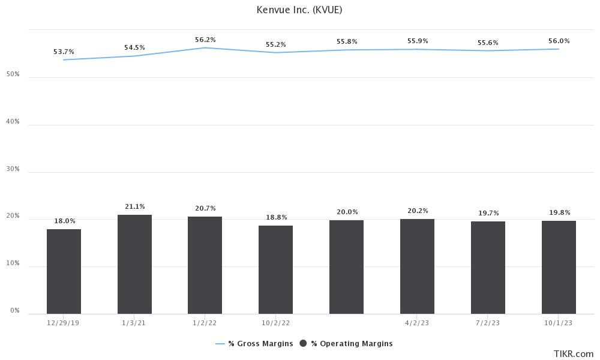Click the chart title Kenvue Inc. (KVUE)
click(299, 10)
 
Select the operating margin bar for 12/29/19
click(64, 271)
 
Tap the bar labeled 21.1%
click(134, 264)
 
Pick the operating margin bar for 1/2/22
click(205, 265)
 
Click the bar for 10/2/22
click(275, 269)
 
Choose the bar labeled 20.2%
click(417, 266)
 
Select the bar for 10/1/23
click(559, 267)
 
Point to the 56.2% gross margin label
click(205, 40)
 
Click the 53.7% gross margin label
click(64, 52)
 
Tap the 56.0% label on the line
click(559, 41)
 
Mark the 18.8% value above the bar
click(276, 217)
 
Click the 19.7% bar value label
click(488, 213)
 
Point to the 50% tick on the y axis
click(13, 74)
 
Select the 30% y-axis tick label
click(13, 169)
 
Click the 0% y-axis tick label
click(14, 311)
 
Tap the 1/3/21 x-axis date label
click(134, 322)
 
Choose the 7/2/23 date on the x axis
click(488, 322)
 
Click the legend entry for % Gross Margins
click(255, 344)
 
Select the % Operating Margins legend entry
click(346, 344)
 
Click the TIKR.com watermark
click(574, 354)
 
